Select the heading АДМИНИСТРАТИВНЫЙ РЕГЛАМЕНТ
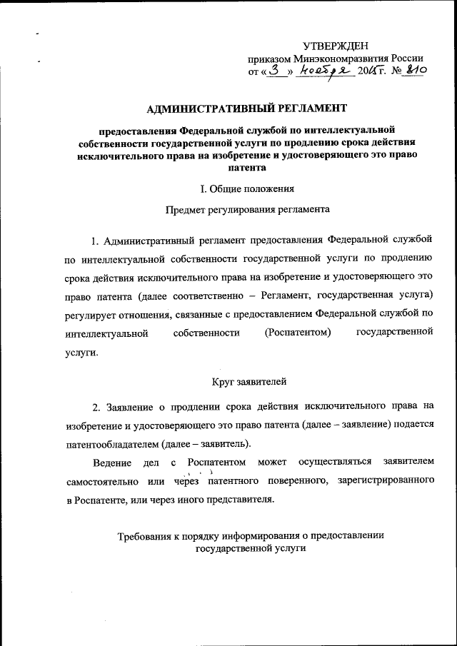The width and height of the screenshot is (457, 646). (x=246, y=108)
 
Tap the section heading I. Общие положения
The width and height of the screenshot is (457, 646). (x=246, y=189)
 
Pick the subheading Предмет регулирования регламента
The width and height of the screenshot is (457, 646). (x=246, y=211)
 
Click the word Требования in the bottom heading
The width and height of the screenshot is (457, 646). (x=150, y=536)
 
